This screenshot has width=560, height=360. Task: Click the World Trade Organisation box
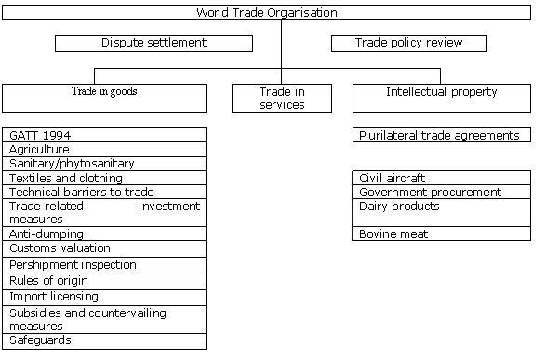[x=280, y=12]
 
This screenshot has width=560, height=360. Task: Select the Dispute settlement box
[x=153, y=43]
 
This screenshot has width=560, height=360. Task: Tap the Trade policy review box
[x=408, y=43]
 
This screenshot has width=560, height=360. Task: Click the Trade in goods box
[x=104, y=97]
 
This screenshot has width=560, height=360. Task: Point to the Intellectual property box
[x=441, y=97]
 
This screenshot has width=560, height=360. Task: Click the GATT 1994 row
[x=104, y=135]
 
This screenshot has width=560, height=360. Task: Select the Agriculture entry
[x=104, y=149]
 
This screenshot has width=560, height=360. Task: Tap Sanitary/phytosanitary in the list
[x=104, y=163]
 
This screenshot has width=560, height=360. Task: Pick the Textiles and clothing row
[x=104, y=178]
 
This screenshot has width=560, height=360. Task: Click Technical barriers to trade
[x=104, y=192]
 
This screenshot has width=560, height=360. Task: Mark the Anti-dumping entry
[x=104, y=234]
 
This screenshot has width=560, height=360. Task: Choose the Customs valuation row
[x=104, y=248]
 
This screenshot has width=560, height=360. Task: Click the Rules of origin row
[x=104, y=281]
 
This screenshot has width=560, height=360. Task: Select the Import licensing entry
[x=104, y=297]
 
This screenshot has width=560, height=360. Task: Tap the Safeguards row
[x=104, y=340]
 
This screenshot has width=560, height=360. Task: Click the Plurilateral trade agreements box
[x=442, y=136]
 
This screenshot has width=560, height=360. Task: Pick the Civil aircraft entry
[x=442, y=178]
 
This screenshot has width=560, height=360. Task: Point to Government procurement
[x=442, y=192]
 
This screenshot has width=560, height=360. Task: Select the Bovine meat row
[x=442, y=234]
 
